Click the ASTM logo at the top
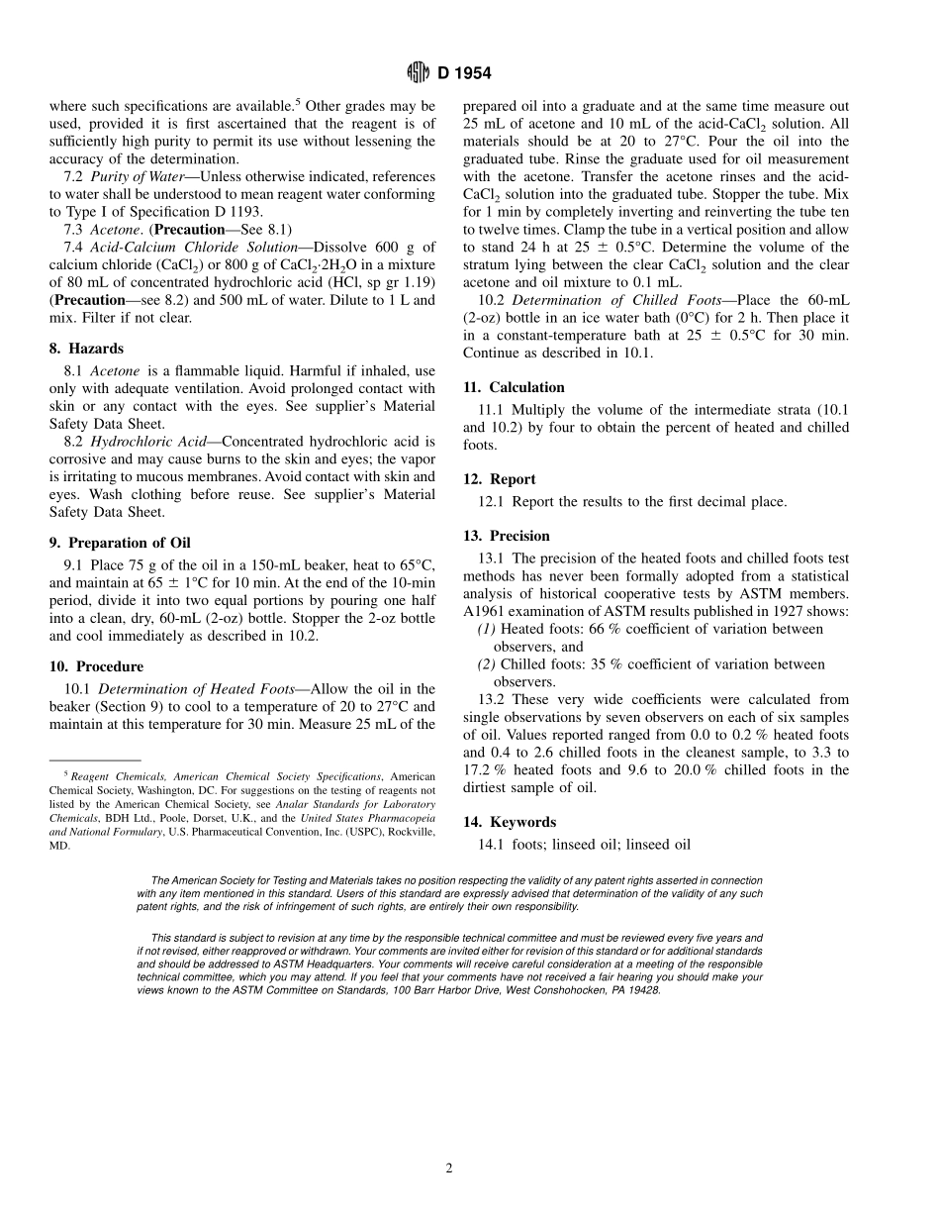point(416,73)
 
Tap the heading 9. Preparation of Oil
point(120,543)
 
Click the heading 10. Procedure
point(96,666)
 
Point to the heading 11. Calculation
point(514,387)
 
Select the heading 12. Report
point(500,479)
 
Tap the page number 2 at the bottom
point(448,1168)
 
